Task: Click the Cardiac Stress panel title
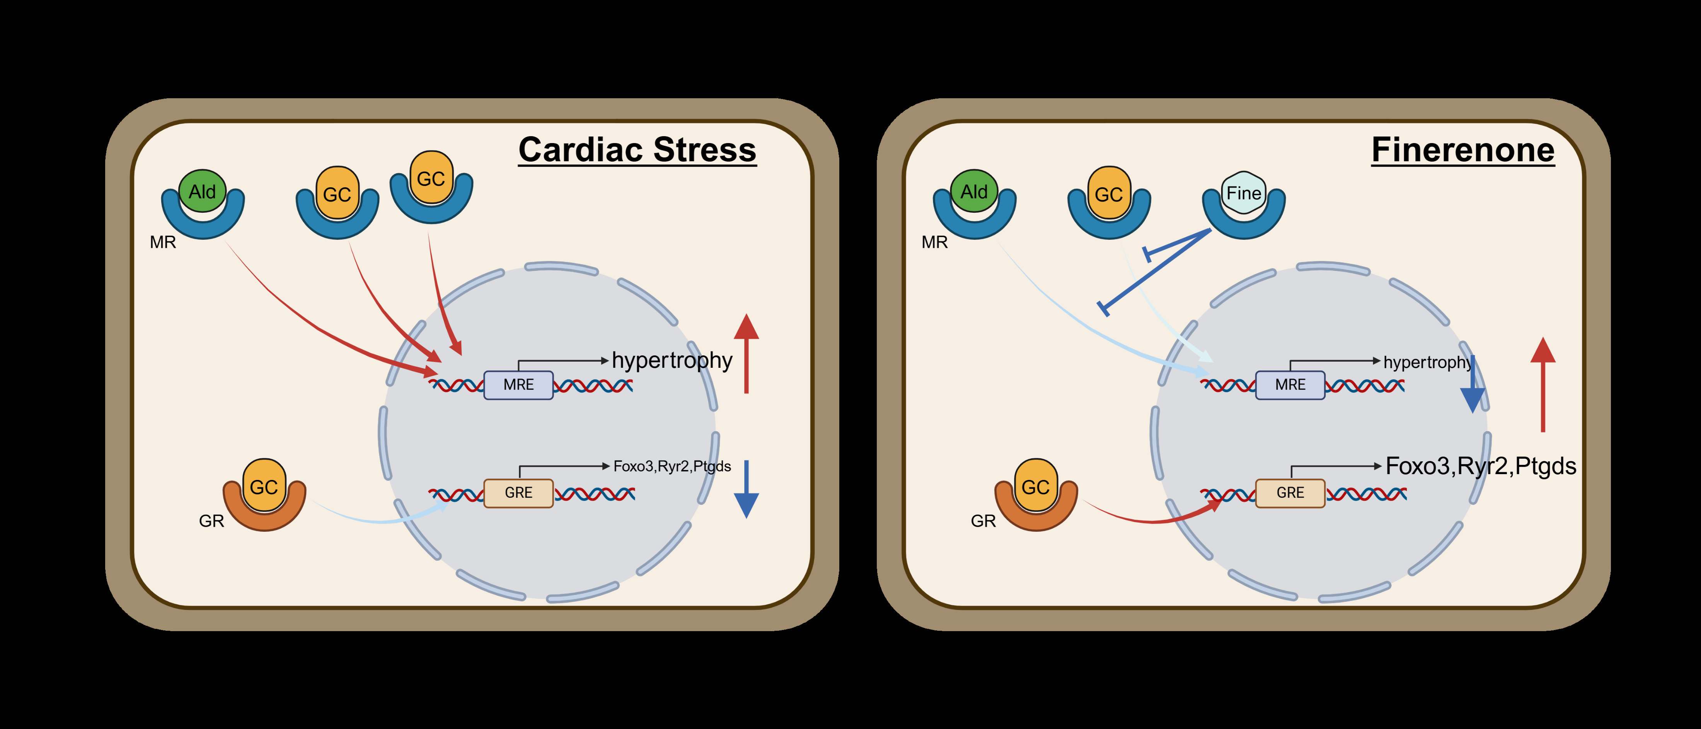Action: pyautogui.click(x=637, y=150)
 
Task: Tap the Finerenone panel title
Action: pyautogui.click(x=1462, y=150)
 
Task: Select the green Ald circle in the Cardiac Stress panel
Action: pyautogui.click(x=203, y=191)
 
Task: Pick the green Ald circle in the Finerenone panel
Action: pyautogui.click(x=974, y=191)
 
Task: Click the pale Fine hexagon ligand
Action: pyautogui.click(x=1243, y=193)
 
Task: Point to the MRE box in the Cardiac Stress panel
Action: pyautogui.click(x=518, y=385)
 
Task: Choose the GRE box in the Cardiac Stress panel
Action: pyautogui.click(x=518, y=493)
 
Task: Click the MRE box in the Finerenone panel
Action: pyautogui.click(x=1290, y=385)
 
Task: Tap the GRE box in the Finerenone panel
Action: pyautogui.click(x=1290, y=493)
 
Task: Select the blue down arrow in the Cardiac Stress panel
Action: pyautogui.click(x=746, y=490)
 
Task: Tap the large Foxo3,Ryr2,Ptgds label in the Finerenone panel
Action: pyautogui.click(x=1481, y=466)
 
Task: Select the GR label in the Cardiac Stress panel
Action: pyautogui.click(x=211, y=521)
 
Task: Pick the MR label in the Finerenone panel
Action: pyautogui.click(x=934, y=242)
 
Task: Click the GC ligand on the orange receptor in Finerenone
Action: pyautogui.click(x=1035, y=486)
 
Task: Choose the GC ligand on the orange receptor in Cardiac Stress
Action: pyautogui.click(x=264, y=486)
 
